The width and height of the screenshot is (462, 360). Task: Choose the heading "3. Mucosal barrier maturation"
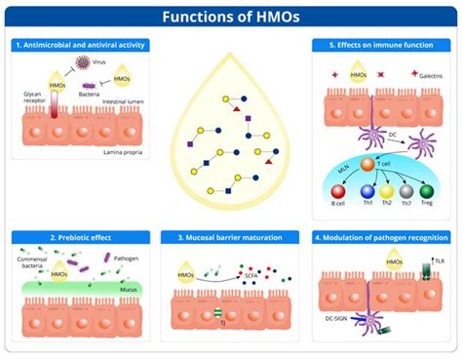(231, 237)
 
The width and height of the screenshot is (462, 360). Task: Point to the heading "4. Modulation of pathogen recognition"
(383, 237)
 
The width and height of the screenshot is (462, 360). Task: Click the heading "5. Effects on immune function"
(384, 46)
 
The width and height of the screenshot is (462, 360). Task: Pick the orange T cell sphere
(368, 164)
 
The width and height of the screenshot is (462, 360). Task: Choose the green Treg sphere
(426, 191)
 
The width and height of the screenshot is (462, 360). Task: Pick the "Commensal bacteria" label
(35, 261)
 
